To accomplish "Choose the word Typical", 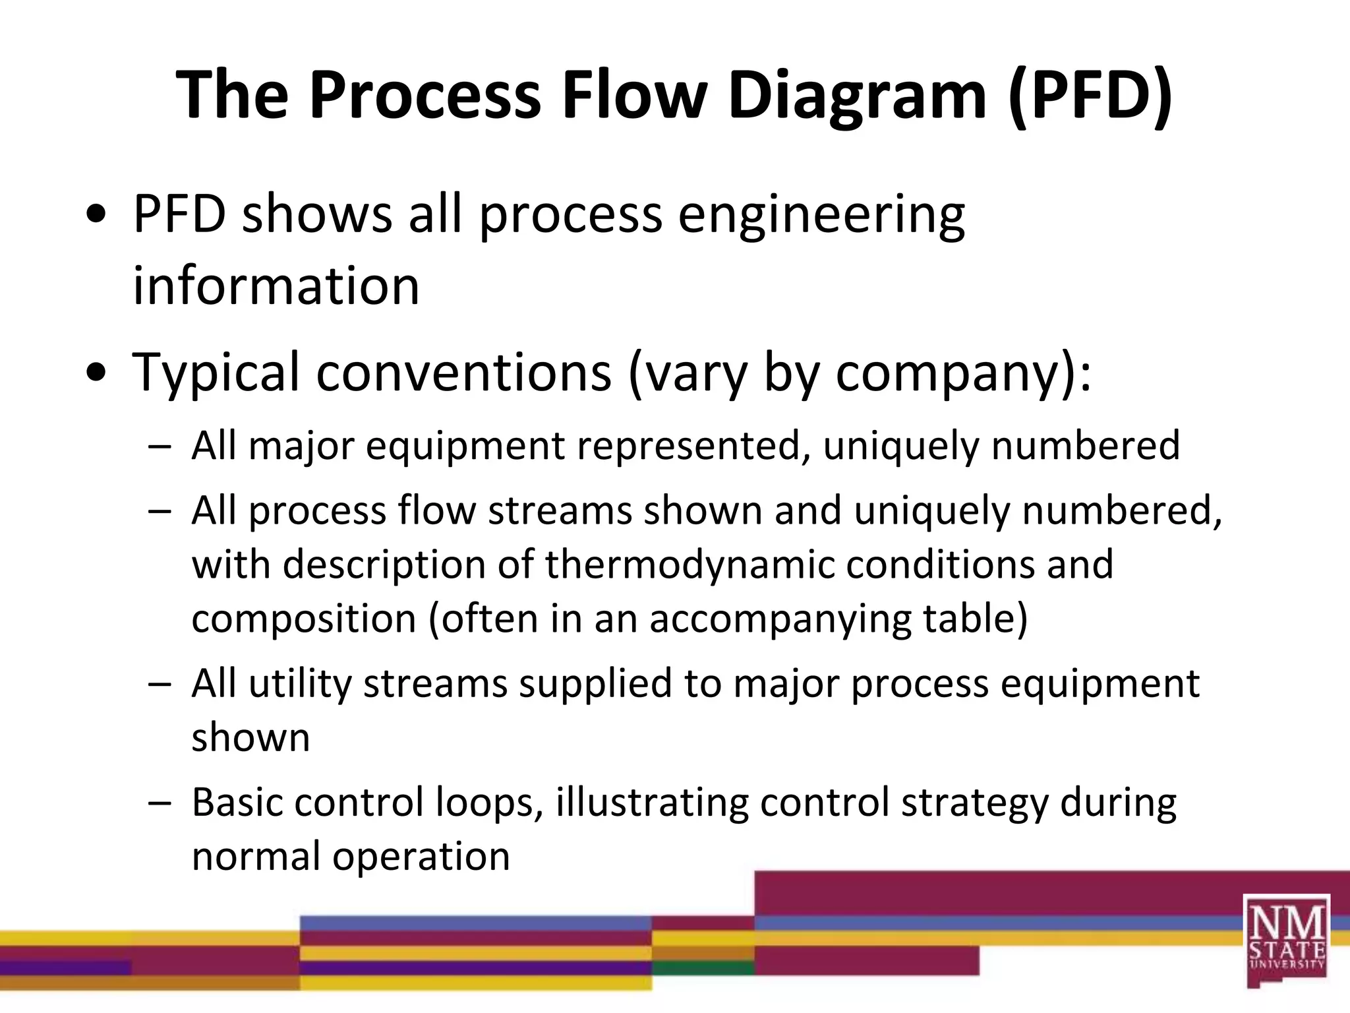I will (x=217, y=373).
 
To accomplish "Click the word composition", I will (x=304, y=619).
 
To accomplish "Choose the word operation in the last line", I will (x=421, y=857).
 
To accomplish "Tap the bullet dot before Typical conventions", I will (x=96, y=373).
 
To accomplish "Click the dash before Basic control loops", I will (x=160, y=803).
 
